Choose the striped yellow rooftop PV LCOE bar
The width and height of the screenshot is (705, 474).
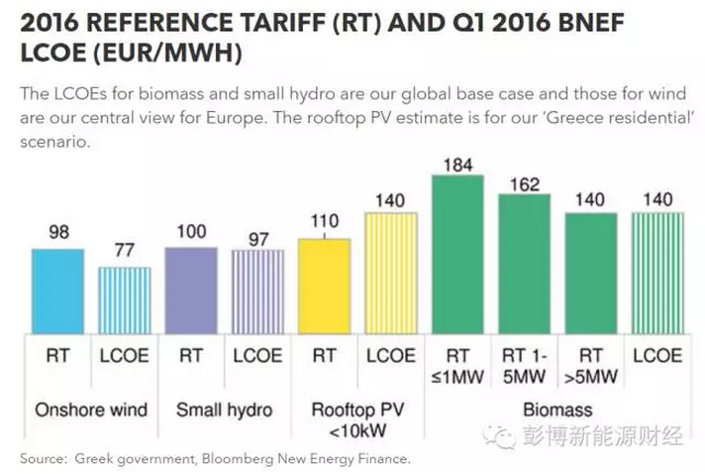[390, 273]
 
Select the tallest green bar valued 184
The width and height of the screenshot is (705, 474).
[457, 254]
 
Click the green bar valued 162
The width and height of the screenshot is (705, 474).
[524, 263]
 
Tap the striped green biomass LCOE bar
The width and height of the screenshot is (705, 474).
[657, 273]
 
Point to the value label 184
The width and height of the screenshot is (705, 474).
[457, 163]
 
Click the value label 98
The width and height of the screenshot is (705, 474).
[57, 232]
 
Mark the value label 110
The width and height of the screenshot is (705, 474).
[324, 221]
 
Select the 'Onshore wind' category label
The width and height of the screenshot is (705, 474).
[91, 409]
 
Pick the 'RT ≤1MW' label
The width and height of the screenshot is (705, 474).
[457, 365]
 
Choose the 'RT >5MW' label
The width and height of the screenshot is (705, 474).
[590, 365]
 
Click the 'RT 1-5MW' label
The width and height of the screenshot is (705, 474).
[524, 365]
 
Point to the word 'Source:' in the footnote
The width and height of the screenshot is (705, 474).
[43, 459]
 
